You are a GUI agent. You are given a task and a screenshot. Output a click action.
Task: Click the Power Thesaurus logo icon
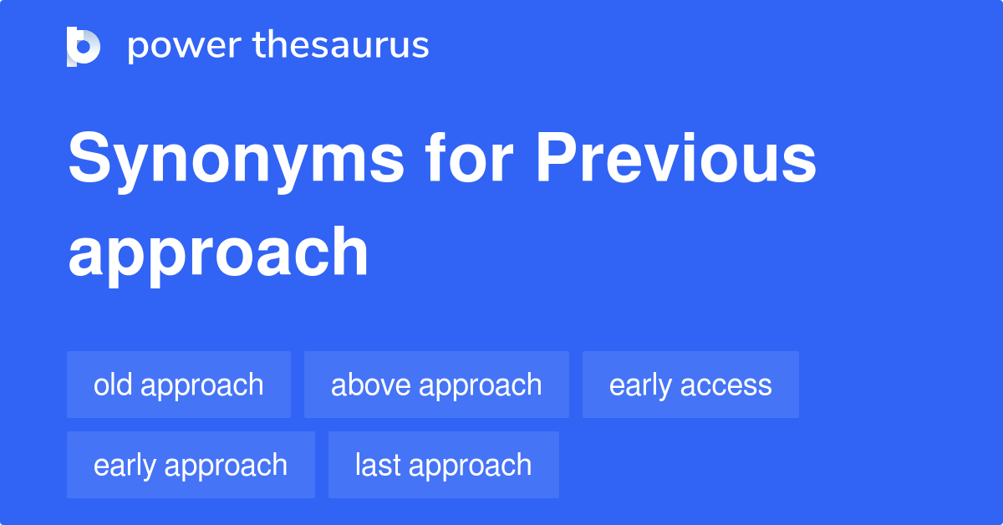pos(84,46)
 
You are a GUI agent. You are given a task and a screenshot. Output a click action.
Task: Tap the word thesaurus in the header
pos(341,46)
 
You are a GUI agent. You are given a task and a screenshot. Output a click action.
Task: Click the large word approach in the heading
pos(218,253)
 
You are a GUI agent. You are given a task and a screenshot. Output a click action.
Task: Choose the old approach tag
pos(179,385)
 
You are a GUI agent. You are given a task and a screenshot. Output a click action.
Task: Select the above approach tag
pos(436,385)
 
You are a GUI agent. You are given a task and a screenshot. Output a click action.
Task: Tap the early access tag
pos(690,385)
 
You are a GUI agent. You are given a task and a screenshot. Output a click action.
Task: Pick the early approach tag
pos(191,465)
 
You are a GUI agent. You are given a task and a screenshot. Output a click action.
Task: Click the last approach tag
pos(443,465)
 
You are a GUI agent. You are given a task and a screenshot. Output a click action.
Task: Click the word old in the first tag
pos(112,385)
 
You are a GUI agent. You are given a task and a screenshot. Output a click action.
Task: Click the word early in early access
pos(640,385)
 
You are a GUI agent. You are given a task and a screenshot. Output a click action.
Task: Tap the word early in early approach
pos(125,466)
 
